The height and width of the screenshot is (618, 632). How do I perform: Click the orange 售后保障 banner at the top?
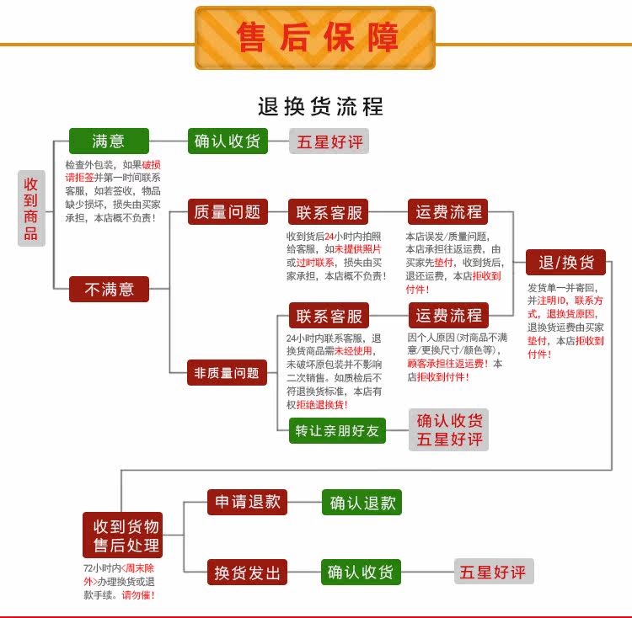click(x=315, y=38)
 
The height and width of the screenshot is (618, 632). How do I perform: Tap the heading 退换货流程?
click(x=320, y=107)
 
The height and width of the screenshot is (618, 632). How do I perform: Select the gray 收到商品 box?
click(x=31, y=208)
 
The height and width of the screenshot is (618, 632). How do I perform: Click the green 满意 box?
click(x=108, y=141)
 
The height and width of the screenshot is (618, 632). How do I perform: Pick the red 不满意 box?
click(x=109, y=289)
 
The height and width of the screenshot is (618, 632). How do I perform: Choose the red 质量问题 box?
click(x=227, y=212)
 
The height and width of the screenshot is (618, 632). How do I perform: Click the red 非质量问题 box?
click(x=227, y=372)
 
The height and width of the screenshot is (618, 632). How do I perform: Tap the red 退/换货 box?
click(x=566, y=262)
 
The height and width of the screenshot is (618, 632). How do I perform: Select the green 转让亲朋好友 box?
click(x=337, y=430)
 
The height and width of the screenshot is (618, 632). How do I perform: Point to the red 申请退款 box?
click(x=248, y=502)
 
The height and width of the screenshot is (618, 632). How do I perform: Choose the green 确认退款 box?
click(x=362, y=503)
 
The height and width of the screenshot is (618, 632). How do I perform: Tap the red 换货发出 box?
click(x=248, y=573)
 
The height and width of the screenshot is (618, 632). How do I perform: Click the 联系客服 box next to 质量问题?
click(x=329, y=212)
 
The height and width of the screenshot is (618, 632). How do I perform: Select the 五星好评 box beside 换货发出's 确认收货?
click(x=493, y=573)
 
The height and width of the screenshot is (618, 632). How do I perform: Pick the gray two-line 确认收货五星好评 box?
click(x=449, y=429)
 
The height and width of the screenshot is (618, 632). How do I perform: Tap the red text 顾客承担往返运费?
click(x=446, y=364)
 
